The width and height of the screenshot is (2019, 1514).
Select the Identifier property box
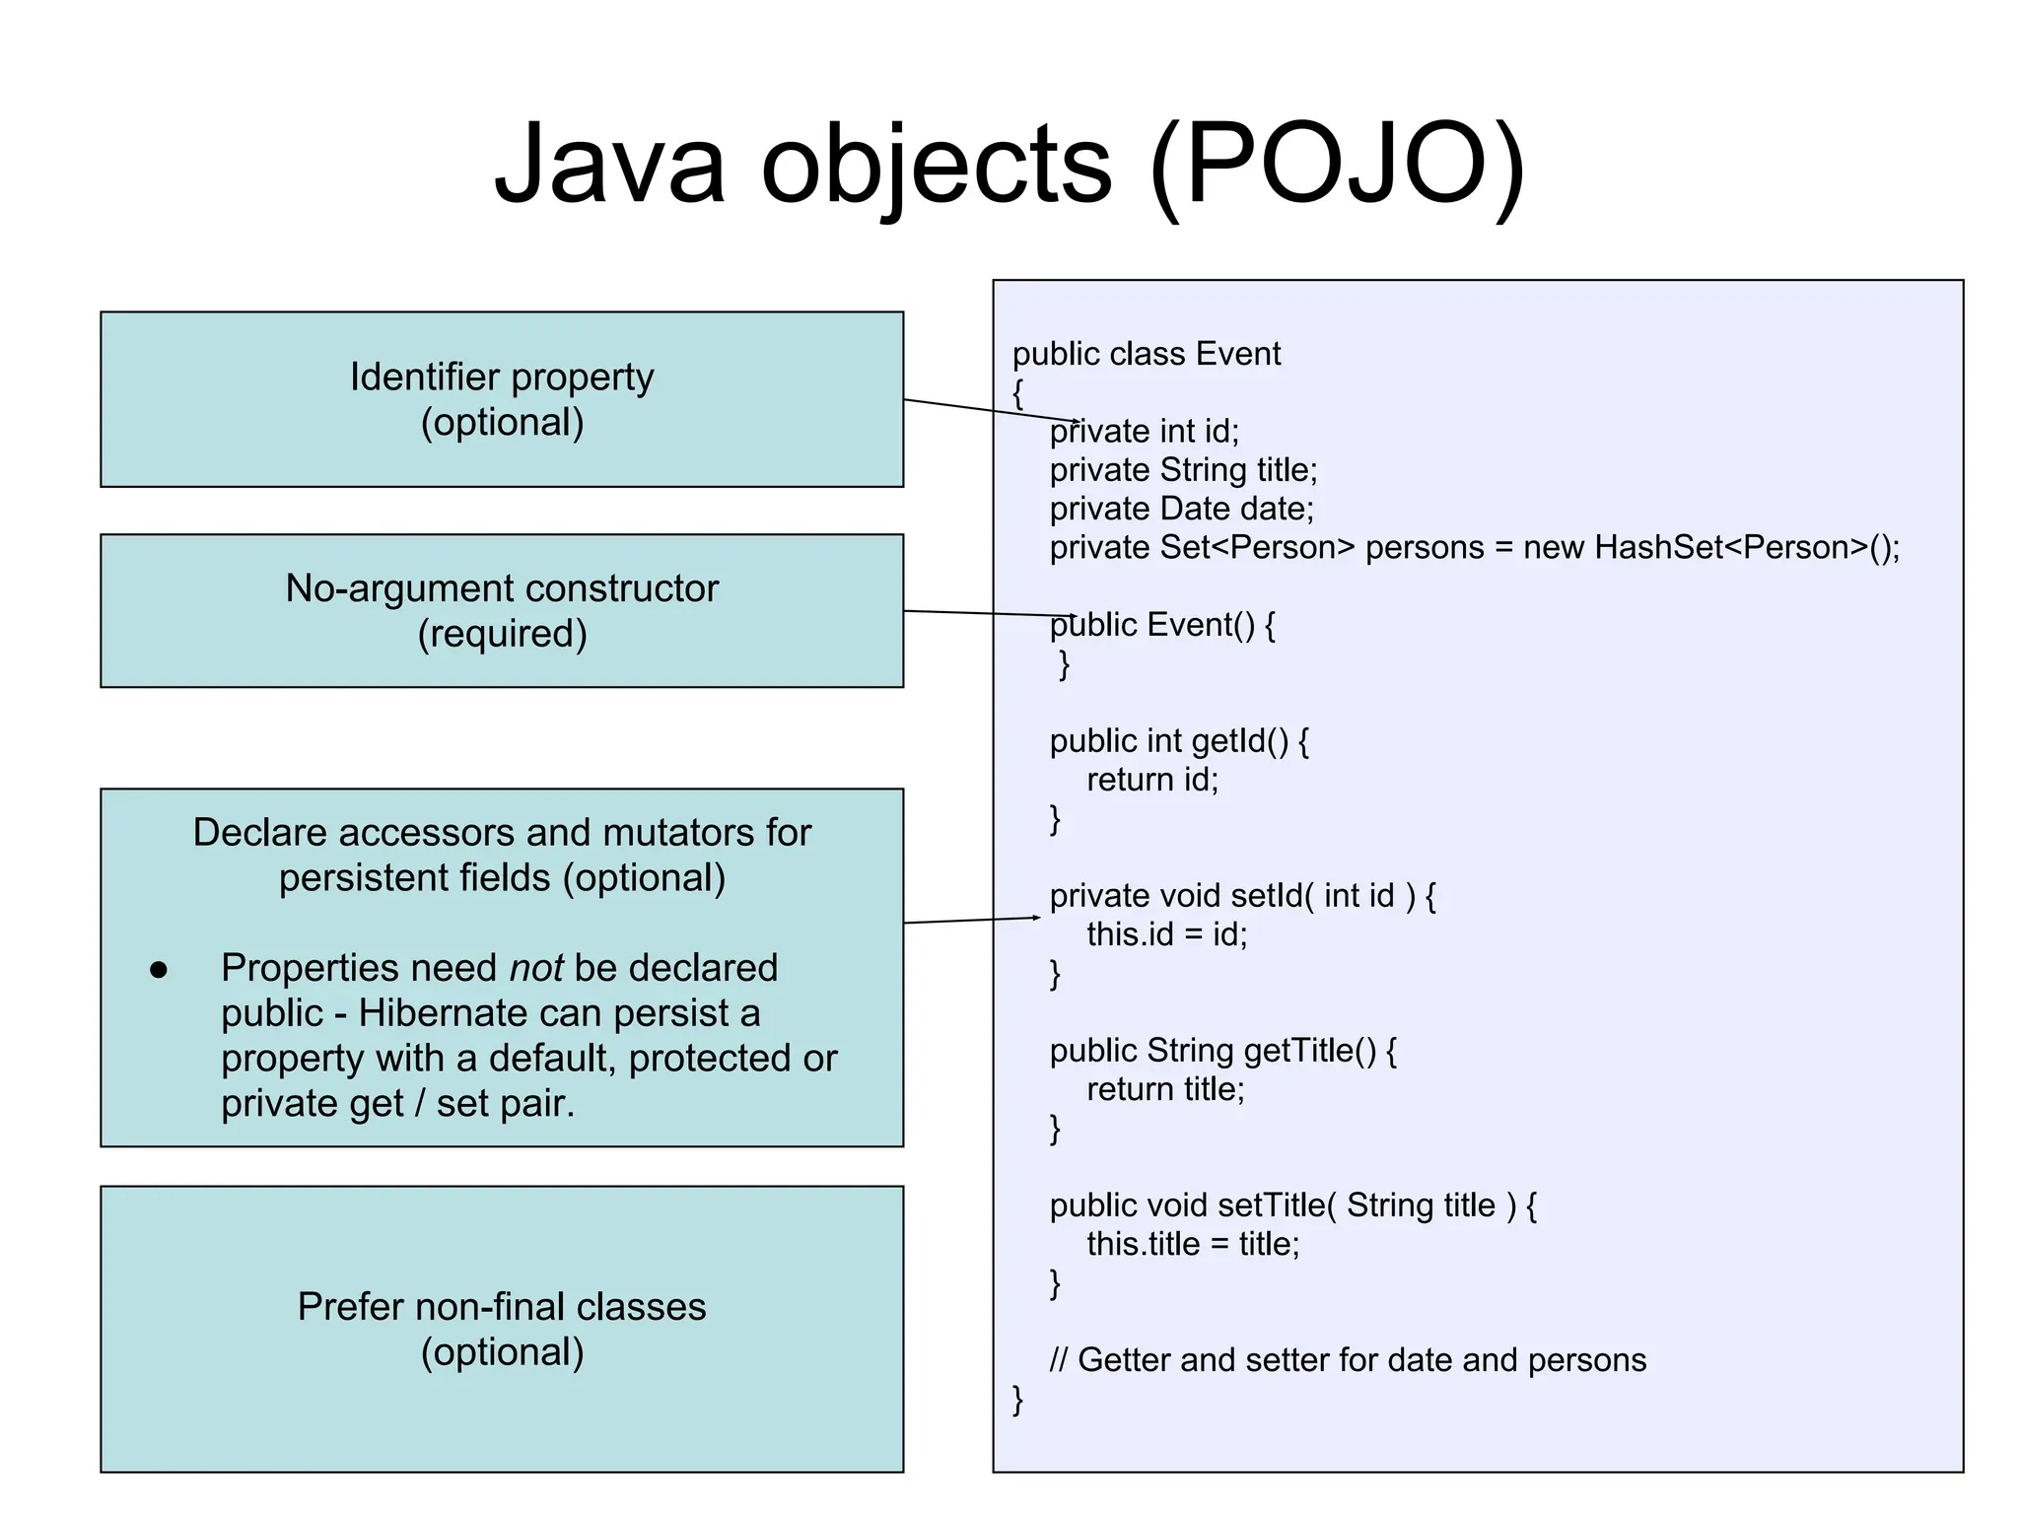click(x=502, y=399)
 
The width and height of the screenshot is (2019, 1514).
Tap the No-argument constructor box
click(x=502, y=610)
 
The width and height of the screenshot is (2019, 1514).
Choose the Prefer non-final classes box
click(x=502, y=1329)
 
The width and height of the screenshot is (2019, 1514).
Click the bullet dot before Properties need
click(x=159, y=971)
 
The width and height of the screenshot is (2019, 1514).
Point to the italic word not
click(x=536, y=968)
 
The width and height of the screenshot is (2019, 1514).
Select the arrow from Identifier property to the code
click(x=986, y=410)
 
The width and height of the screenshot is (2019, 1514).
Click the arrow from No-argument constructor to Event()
click(x=986, y=613)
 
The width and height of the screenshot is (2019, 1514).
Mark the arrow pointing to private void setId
click(x=971, y=920)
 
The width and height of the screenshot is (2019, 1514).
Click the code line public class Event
click(x=1146, y=354)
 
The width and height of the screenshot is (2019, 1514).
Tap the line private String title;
click(x=1183, y=470)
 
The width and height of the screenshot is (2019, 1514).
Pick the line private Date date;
click(x=1181, y=509)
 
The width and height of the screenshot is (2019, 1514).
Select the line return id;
click(x=1152, y=780)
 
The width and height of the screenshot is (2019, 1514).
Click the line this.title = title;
click(x=1193, y=1244)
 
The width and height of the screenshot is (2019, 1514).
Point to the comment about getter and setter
click(x=1348, y=1360)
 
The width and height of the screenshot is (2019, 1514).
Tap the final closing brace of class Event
click(x=1018, y=1400)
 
